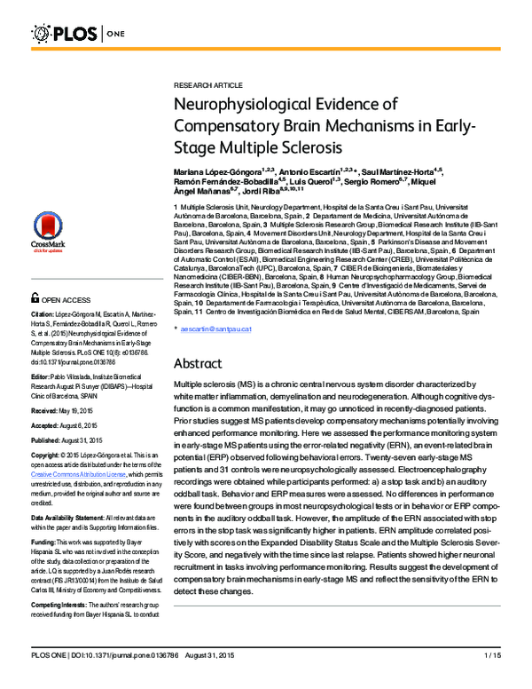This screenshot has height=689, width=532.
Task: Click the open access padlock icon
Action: tap(36, 299)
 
